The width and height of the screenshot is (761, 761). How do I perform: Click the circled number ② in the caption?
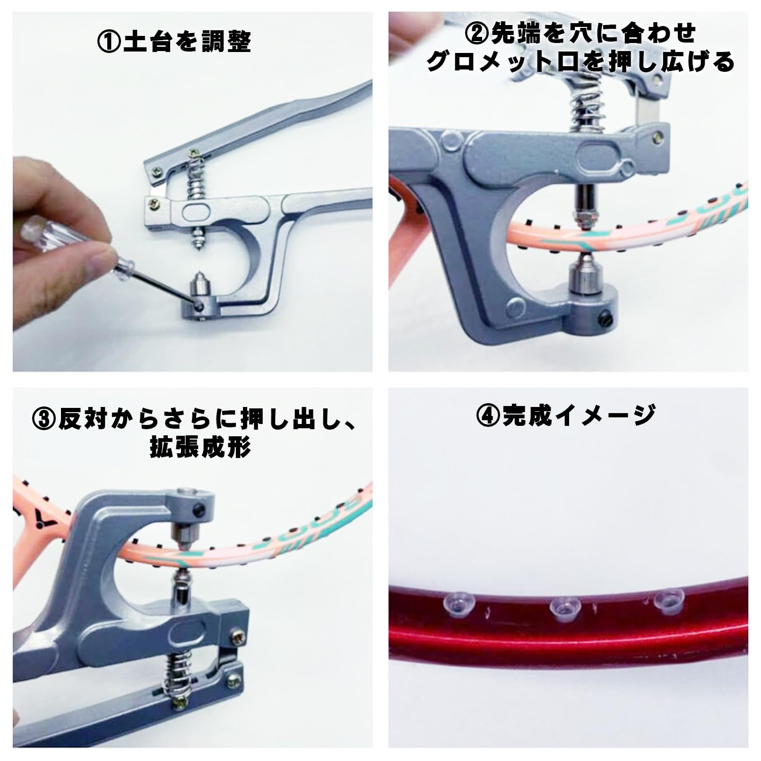[478, 34]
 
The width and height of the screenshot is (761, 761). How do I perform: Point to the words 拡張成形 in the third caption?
[200, 447]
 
